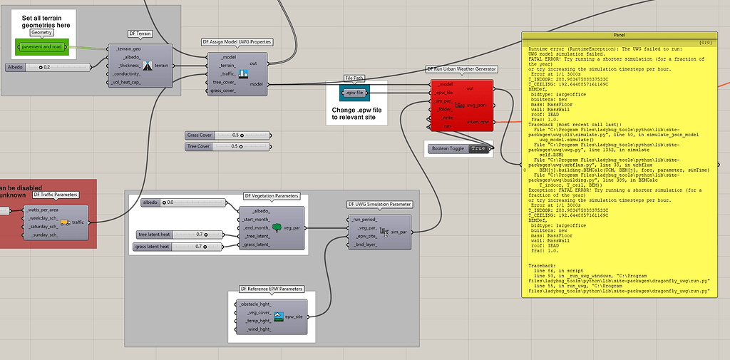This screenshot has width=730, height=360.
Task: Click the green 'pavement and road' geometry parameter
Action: (42, 47)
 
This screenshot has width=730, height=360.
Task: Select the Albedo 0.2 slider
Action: (48, 67)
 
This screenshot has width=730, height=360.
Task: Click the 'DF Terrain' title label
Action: (140, 34)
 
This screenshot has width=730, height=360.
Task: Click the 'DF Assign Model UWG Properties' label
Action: (237, 42)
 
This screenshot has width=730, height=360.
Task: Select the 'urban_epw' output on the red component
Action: (476, 122)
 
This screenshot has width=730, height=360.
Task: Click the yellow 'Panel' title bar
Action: (619, 35)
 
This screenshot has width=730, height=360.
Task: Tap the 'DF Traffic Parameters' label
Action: (56, 194)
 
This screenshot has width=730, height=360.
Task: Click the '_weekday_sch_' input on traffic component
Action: (43, 218)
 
